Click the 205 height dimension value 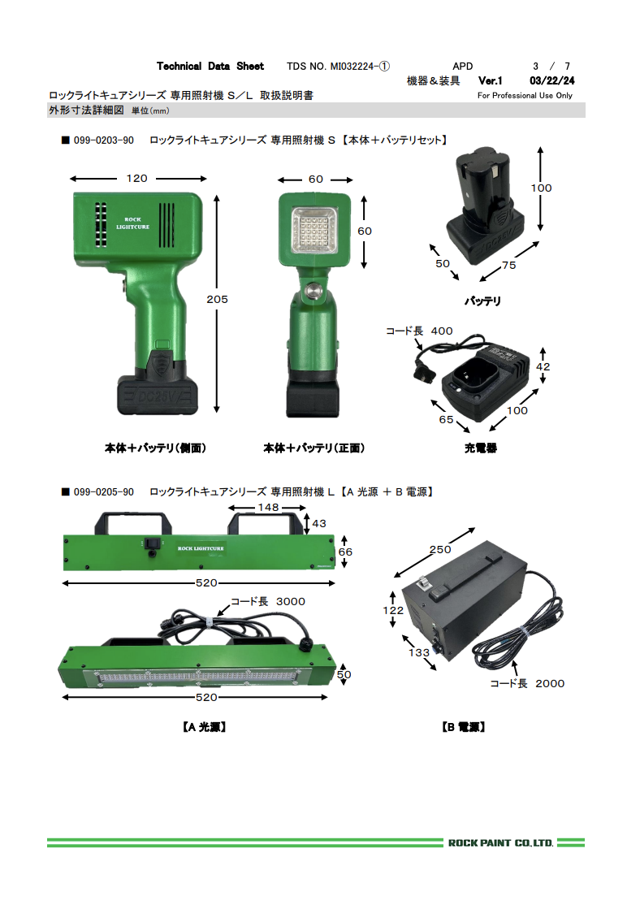(x=218, y=299)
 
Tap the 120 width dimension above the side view (x=136, y=179)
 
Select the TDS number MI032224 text (x=338, y=67)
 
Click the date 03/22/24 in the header (x=552, y=80)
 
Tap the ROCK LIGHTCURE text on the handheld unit (x=132, y=223)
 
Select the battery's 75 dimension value (x=509, y=265)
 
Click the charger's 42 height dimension (x=543, y=366)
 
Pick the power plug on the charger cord (x=424, y=372)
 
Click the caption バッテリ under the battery (x=482, y=301)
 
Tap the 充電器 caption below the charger (x=481, y=448)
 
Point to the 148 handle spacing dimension (x=268, y=507)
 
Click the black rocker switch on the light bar (x=152, y=543)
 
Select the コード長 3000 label (x=268, y=601)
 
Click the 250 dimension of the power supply (x=440, y=550)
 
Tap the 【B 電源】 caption (x=463, y=727)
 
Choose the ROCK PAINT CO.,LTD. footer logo (x=501, y=843)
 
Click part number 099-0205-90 (x=104, y=492)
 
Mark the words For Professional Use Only (x=525, y=96)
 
